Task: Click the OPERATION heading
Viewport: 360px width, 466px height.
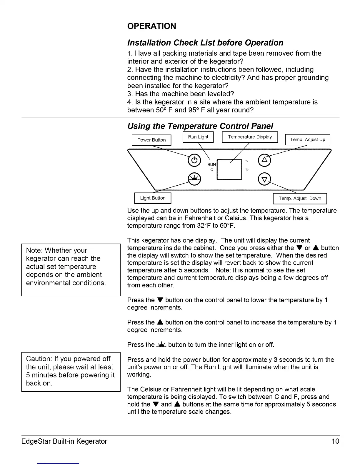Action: point(151,26)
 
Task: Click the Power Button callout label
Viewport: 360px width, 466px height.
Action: point(151,140)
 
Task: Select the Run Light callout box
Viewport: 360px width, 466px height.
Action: point(198,137)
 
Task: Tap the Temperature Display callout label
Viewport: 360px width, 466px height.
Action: point(250,137)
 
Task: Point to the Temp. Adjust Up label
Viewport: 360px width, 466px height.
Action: point(308,139)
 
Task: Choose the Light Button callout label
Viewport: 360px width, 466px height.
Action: point(153,198)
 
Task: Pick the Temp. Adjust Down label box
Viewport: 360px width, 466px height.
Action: point(300,198)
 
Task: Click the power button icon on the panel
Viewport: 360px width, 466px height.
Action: point(194,160)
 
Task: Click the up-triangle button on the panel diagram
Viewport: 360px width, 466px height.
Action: point(264,160)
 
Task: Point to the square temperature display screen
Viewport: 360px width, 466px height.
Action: point(229,170)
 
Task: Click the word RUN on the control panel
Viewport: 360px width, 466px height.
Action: point(211,164)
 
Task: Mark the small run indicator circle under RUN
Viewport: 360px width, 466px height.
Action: point(211,170)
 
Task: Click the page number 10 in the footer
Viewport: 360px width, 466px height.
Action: point(335,441)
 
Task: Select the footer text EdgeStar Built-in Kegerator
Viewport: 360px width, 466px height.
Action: point(64,441)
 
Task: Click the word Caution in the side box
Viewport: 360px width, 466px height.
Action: point(38,359)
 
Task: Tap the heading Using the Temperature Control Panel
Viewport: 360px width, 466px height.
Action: point(200,126)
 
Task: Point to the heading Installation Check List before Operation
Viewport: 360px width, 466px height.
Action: point(205,43)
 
